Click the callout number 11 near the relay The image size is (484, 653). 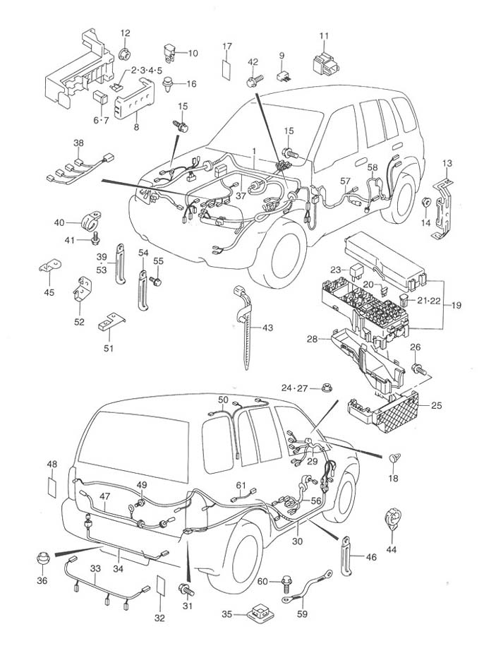click(324, 35)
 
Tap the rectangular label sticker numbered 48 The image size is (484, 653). click(52, 487)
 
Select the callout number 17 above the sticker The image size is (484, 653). click(227, 47)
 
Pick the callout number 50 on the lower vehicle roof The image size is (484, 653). click(223, 400)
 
